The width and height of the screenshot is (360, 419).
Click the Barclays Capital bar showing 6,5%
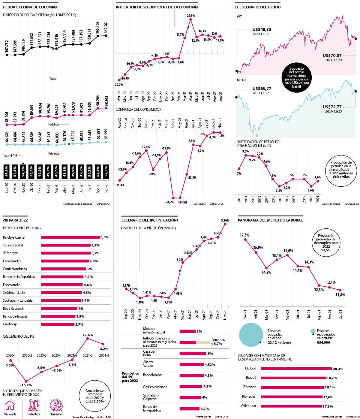(70, 237)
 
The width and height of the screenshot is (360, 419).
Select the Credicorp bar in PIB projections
(58, 324)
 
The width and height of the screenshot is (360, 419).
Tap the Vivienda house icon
(10, 405)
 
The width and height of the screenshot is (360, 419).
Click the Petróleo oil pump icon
(34, 405)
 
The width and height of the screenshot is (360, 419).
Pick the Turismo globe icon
(56, 405)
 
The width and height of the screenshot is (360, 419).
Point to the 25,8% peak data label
(191, 16)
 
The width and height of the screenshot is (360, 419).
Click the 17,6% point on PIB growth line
(88, 339)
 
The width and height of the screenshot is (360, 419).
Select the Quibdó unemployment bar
(296, 369)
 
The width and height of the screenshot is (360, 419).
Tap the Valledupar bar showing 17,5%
(291, 406)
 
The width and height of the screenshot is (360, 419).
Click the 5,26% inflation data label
(225, 221)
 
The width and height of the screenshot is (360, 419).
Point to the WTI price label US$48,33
(262, 29)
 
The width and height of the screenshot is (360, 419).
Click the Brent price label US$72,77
(332, 107)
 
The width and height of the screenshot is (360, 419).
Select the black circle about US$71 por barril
(296, 77)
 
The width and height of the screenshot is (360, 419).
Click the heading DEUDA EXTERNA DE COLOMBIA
(30, 7)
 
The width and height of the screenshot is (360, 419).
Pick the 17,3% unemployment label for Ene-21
(244, 235)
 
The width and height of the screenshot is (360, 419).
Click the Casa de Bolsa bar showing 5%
(193, 354)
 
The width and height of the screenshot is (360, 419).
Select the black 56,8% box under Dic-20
(31, 173)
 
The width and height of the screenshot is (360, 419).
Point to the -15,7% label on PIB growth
(26, 385)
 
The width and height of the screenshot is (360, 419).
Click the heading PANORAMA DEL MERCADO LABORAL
(270, 220)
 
